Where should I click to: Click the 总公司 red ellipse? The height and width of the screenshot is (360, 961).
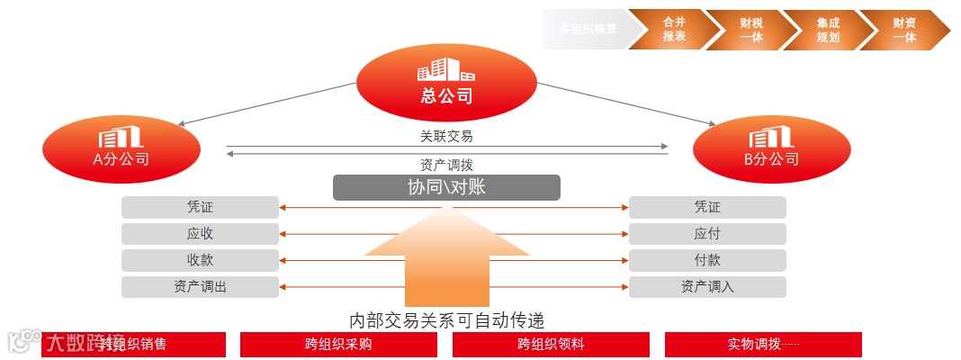point(446,83)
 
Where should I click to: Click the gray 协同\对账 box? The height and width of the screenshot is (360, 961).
point(446,187)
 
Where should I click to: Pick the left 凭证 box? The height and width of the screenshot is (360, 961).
point(200,208)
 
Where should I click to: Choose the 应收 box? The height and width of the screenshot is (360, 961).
point(200,234)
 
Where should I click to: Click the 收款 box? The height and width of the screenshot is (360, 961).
point(200,261)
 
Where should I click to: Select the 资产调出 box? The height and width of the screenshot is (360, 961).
point(200,287)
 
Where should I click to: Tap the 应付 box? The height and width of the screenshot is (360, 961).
point(707,234)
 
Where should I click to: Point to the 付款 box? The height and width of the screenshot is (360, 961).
point(707,261)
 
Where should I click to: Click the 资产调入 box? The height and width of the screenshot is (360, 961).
point(707,287)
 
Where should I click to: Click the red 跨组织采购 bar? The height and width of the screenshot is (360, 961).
point(338,344)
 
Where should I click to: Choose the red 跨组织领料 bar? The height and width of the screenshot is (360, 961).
point(551,344)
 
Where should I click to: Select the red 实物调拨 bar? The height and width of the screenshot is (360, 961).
point(763,344)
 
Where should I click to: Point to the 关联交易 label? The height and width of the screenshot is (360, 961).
point(446,137)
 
